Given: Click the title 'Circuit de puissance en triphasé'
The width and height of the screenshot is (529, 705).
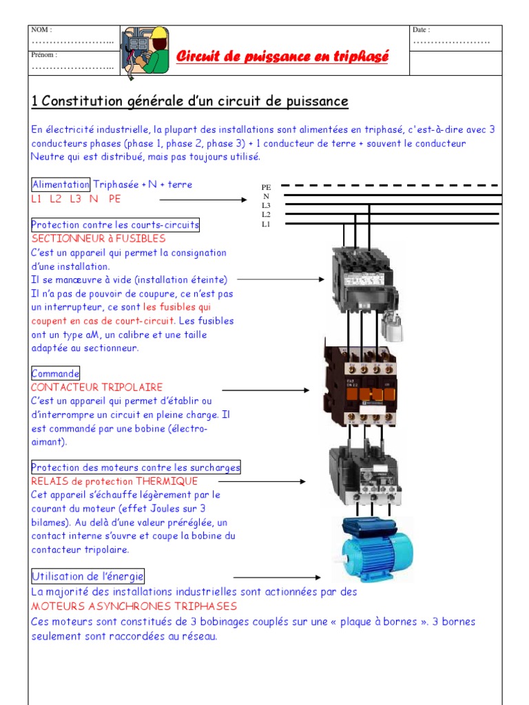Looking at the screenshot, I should pos(282,56).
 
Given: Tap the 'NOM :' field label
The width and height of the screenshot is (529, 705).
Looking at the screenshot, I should pos(41,30).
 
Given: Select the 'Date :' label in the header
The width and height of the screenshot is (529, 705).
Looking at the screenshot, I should pos(421,30).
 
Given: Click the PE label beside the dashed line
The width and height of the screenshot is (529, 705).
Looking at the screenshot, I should pos(266,187).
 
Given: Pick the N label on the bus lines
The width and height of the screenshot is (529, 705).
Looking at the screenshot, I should pos(266,196).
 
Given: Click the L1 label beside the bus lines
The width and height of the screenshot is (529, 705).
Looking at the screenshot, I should pos(266,224).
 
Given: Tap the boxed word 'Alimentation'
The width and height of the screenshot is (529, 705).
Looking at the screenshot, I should pos(61,185).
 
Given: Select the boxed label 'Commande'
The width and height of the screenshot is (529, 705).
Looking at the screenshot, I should pos(56,373).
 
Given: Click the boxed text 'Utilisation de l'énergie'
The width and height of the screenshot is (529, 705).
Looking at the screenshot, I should pos(88,576).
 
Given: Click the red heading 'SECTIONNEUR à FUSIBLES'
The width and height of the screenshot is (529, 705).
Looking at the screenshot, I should pos(98,238).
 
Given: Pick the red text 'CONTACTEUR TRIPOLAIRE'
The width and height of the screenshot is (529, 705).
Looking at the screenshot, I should pos(97,387).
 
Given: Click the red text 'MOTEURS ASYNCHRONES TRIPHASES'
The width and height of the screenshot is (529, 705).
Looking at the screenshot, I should pos(134,607).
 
